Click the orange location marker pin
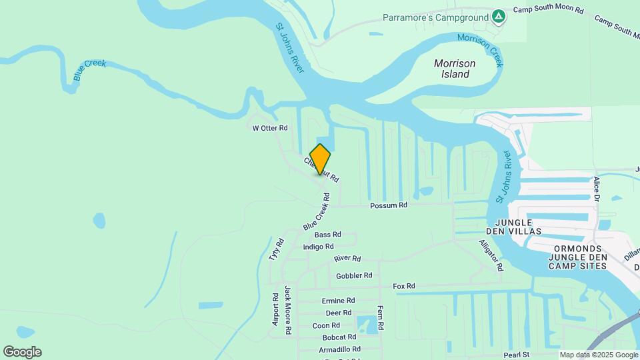(320, 159)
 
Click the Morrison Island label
(455, 69)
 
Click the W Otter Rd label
(269, 128)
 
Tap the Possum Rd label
(389, 206)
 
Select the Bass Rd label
(327, 235)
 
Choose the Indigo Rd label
(318, 247)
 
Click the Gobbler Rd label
(354, 275)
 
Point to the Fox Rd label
(404, 286)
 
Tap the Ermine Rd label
(338, 301)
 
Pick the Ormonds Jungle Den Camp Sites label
(578, 257)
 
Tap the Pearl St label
(516, 355)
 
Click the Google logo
(22, 352)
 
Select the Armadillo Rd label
(339, 349)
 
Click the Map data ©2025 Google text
(598, 355)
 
